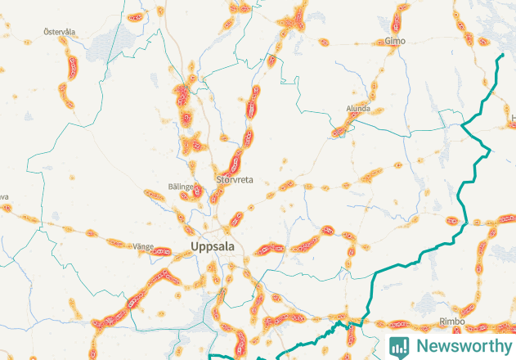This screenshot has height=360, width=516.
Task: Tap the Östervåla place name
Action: click(x=60, y=32)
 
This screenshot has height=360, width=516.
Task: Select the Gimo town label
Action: click(x=395, y=41)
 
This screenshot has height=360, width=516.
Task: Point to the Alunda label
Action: click(x=358, y=108)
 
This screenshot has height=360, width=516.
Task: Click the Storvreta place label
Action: click(x=235, y=179)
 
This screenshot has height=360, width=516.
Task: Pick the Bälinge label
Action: click(x=181, y=187)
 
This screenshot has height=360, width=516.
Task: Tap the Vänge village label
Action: click(x=119, y=245)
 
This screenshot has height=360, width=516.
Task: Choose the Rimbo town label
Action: click(x=451, y=322)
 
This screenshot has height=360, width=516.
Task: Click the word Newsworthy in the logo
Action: click(x=461, y=345)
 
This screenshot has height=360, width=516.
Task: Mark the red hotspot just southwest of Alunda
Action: click(x=339, y=129)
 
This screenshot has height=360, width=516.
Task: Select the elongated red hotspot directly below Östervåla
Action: click(x=74, y=65)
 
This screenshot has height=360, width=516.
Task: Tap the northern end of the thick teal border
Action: click(x=501, y=55)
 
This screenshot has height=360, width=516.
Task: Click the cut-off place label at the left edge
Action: click(x=3, y=197)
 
